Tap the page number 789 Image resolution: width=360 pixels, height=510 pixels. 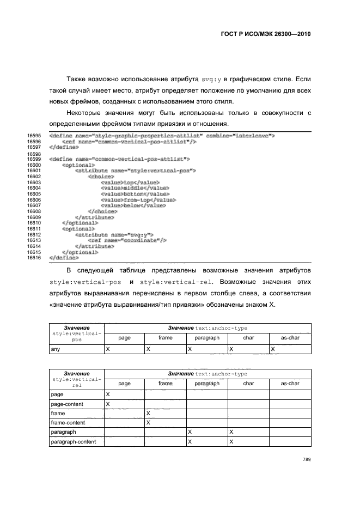coord(306,459)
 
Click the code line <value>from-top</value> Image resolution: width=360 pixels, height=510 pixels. coord(135,200)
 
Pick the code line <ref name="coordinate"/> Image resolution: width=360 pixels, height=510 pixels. coord(127,240)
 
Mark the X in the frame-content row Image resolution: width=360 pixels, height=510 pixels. coord(148,422)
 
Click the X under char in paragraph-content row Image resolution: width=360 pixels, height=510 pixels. coord(231,441)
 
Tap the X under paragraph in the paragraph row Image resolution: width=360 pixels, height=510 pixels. coord(190,432)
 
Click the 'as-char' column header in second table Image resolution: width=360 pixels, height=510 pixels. coord(290,383)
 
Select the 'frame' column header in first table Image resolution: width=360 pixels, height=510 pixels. coord(165,338)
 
